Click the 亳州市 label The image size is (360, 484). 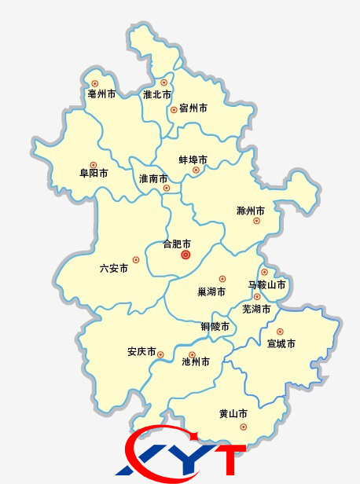[101, 94]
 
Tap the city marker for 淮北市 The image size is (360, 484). [163, 82]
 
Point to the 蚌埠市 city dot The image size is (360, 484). [196, 170]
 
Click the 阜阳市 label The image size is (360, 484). [94, 173]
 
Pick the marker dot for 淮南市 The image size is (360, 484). [166, 189]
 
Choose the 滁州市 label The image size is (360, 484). [250, 211]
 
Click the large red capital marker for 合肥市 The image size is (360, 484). [186, 255]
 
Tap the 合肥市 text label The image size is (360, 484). [177, 244]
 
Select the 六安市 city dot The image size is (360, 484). [136, 259]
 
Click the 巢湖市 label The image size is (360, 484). [211, 291]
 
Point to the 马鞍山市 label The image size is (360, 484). [266, 284]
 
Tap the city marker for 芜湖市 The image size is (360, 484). [257, 297]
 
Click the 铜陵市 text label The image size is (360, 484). [215, 326]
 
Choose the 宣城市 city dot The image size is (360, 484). [279, 332]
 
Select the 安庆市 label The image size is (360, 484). [141, 351]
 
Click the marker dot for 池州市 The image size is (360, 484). [193, 354]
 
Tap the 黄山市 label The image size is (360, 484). [233, 413]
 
